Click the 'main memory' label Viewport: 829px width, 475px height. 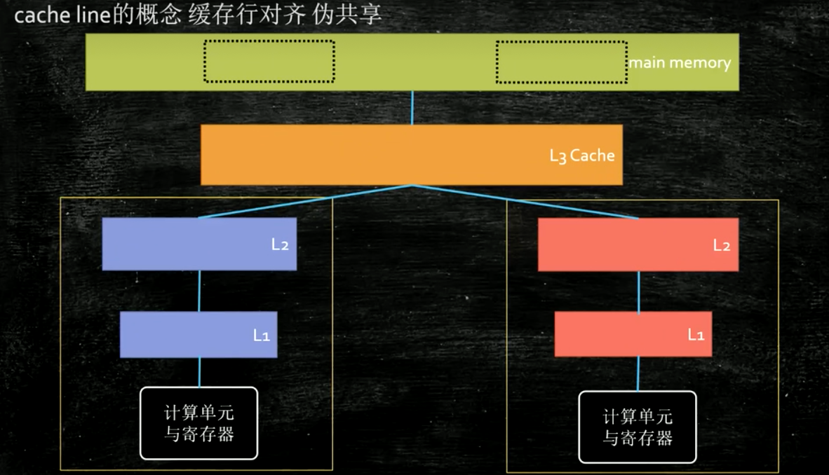(679, 63)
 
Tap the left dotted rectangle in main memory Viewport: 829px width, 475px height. (269, 61)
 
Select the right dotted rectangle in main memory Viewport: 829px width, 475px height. (561, 62)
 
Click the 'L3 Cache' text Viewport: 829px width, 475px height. (581, 156)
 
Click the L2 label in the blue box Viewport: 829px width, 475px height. (280, 245)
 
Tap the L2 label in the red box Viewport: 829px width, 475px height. (722, 245)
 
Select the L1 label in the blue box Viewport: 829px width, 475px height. (261, 336)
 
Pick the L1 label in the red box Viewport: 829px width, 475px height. (695, 336)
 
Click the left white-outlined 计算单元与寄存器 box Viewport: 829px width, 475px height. (199, 423)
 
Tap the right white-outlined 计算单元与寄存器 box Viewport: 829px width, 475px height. (638, 427)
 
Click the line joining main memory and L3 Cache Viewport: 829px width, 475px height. (412, 108)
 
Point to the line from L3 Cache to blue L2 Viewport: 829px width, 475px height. (305, 202)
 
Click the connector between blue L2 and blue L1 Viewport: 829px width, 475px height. (200, 291)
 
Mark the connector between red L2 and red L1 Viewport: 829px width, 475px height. (638, 291)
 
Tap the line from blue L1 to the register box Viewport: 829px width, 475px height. (199, 372)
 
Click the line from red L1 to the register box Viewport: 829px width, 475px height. (638, 373)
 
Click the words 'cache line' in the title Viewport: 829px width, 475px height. (55, 15)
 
